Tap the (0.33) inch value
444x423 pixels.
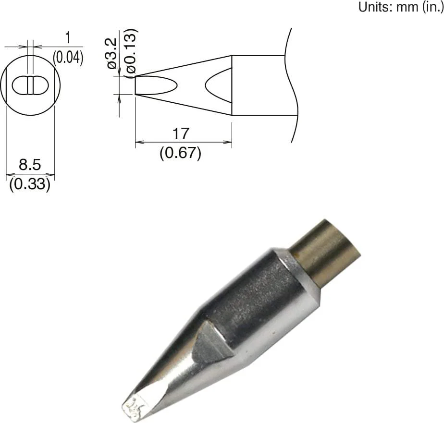point(30,185)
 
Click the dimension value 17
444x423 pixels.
point(181,133)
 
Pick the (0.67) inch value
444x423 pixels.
point(180,154)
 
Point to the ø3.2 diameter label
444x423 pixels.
point(111,54)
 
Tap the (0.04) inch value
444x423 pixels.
point(68,58)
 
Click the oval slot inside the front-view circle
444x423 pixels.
point(30,85)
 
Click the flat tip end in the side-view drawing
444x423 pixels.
point(136,85)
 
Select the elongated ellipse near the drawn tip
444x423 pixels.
point(157,85)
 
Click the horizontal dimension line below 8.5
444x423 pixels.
point(30,175)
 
